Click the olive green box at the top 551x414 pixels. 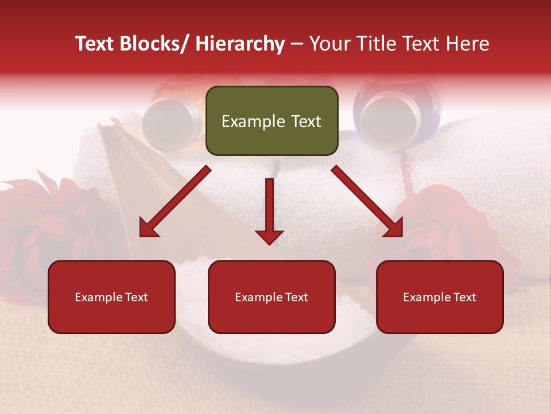(271, 121)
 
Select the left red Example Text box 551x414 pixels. (111, 297)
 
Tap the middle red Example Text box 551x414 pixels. (271, 297)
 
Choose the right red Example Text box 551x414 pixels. (440, 297)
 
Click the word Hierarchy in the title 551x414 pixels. (239, 44)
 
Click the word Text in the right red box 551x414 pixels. (464, 297)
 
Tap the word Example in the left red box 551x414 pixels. (98, 297)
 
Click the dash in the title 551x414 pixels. (297, 44)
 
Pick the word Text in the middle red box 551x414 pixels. (296, 297)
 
